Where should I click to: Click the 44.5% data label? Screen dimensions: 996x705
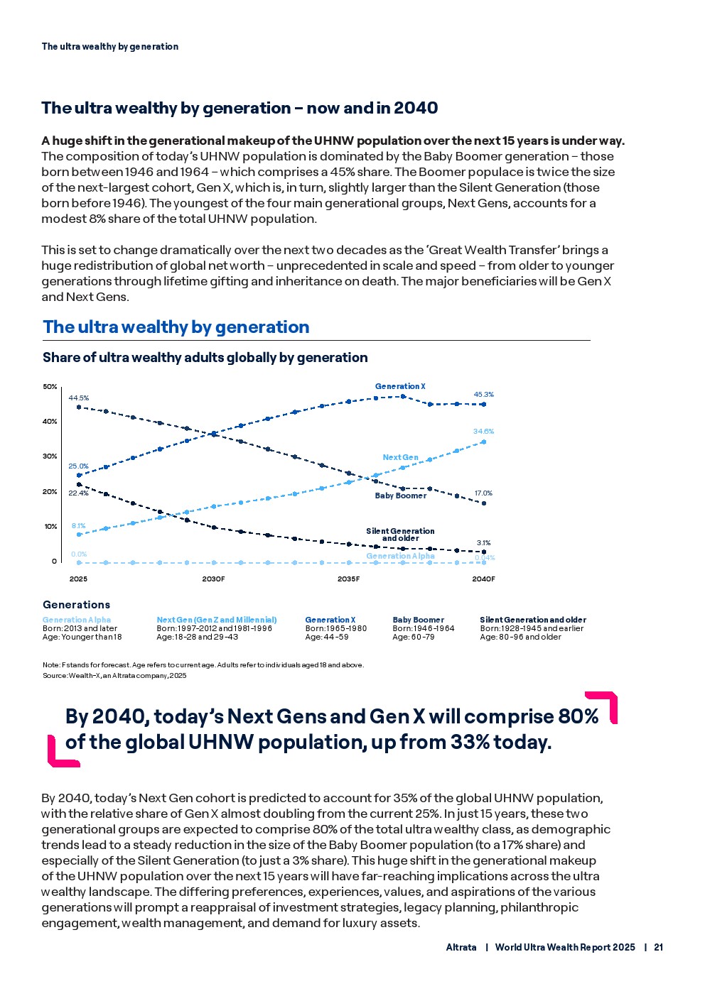click(78, 398)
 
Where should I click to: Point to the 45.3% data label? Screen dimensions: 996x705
click(483, 395)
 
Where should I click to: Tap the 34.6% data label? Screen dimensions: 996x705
click(483, 432)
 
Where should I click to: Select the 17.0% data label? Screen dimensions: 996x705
click(483, 493)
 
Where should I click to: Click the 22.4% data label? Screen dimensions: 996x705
click(78, 493)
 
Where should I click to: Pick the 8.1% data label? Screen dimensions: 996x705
click(78, 526)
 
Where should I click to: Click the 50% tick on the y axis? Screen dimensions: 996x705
click(50, 387)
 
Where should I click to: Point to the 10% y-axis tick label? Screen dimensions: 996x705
click(50, 527)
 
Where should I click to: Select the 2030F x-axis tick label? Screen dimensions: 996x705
click(213, 579)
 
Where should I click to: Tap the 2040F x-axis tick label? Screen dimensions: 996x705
click(483, 579)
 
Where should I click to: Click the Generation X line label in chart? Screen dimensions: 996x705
click(400, 387)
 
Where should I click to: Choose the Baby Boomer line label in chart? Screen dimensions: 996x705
click(401, 496)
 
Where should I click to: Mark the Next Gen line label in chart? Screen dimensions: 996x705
click(401, 458)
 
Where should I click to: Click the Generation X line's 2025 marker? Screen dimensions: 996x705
click(79, 476)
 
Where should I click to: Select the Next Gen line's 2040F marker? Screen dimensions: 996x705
click(484, 442)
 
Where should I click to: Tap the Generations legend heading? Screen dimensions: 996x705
click(76, 605)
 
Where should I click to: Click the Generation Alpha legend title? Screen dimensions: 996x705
click(77, 620)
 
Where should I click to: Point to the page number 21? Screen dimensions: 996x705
click(659, 948)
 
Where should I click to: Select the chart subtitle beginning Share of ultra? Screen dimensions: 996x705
click(205, 358)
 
